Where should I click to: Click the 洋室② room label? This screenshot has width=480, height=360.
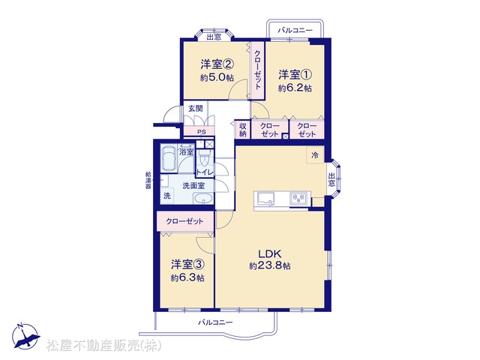[x=217, y=64]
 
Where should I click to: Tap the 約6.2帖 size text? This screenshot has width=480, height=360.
[x=295, y=88]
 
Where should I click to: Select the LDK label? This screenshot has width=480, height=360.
[x=270, y=253]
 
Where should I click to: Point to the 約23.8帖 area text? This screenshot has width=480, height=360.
[x=270, y=265]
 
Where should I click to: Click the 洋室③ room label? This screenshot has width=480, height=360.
[x=187, y=265]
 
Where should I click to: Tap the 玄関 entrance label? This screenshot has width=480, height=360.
[x=195, y=108]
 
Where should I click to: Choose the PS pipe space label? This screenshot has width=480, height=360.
[x=201, y=132]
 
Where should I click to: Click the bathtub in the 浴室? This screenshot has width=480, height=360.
[x=169, y=158]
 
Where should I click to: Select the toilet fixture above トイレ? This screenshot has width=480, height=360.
[x=203, y=158]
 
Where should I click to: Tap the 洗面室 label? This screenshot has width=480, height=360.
[x=193, y=185]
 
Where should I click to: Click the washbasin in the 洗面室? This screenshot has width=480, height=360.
[x=203, y=199]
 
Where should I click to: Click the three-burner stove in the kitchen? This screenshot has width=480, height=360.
[x=298, y=198]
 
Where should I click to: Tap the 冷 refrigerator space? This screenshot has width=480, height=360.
[x=315, y=155]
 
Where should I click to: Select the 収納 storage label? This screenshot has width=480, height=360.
[x=243, y=130]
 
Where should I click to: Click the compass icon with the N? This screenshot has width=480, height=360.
[x=26, y=336]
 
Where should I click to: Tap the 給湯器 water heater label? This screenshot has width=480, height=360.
[x=148, y=180]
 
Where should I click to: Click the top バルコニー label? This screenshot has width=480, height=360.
[x=295, y=30]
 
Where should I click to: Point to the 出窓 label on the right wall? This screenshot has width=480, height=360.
[x=331, y=180]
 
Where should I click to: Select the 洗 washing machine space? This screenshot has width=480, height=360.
[x=166, y=195]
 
